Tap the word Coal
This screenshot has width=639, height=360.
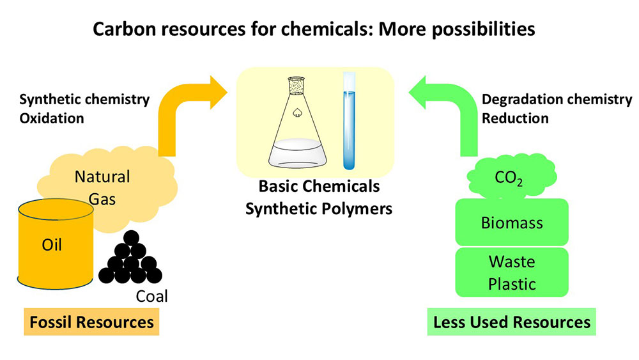coord(151,296)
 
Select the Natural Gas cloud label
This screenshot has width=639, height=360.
coord(102,187)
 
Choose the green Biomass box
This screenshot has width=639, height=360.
coord(511,223)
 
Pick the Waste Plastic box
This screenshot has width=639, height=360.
coord(511,272)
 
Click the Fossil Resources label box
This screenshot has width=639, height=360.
coord(91,322)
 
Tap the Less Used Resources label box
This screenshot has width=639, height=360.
coord(511,322)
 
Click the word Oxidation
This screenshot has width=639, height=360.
coord(52,118)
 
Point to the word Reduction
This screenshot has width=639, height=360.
coord(515,118)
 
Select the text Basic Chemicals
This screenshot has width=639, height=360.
coord(319,186)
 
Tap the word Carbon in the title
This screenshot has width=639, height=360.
coord(121,29)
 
